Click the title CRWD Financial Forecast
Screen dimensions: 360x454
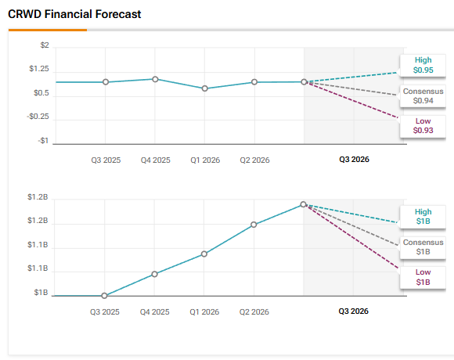coord(74,15)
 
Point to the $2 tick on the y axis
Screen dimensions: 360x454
coord(44,45)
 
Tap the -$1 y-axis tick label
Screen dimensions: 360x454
coord(43,142)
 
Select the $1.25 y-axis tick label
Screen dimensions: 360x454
coord(38,69)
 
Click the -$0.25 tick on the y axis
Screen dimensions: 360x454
coord(38,117)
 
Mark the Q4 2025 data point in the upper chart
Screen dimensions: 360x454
coord(155,79)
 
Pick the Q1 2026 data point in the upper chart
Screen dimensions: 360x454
coord(204,88)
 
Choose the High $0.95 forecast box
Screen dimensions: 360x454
coord(423,65)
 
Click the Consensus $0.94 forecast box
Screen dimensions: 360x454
coord(423,96)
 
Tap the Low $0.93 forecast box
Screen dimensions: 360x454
coord(423,125)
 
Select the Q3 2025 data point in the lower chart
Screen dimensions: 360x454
coord(105,296)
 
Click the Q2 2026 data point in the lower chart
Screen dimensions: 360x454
coord(254,225)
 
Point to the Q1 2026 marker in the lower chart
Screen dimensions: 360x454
coord(204,254)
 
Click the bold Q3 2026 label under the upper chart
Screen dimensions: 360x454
coord(354,159)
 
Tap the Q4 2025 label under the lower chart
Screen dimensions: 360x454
coord(155,311)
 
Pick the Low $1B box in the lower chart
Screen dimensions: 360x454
coord(423,277)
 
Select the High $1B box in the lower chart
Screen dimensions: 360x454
coord(423,217)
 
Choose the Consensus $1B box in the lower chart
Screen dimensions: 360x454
coord(423,247)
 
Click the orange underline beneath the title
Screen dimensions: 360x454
coord(48,30)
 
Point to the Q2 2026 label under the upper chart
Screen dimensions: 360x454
coord(254,160)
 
